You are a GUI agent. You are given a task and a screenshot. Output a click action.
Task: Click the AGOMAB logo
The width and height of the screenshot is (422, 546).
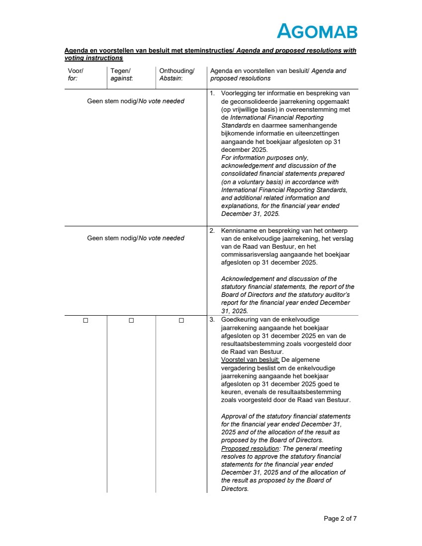317,31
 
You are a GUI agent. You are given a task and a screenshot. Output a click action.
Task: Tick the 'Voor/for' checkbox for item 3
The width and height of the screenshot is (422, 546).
85,321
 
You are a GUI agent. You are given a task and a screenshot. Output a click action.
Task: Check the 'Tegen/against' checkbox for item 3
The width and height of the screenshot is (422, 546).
131,321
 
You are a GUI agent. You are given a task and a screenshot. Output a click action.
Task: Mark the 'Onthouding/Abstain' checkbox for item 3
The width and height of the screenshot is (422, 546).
181,321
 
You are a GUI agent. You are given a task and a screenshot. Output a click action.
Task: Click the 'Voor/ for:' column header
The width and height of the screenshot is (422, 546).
76,74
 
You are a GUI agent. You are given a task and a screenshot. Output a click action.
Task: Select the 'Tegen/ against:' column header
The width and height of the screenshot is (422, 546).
122,74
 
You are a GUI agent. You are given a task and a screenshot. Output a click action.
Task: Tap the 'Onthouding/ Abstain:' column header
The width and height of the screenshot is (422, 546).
177,74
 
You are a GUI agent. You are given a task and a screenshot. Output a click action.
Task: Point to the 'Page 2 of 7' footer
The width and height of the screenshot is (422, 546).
340,519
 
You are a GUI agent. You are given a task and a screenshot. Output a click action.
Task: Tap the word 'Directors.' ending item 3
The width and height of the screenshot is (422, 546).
235,489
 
